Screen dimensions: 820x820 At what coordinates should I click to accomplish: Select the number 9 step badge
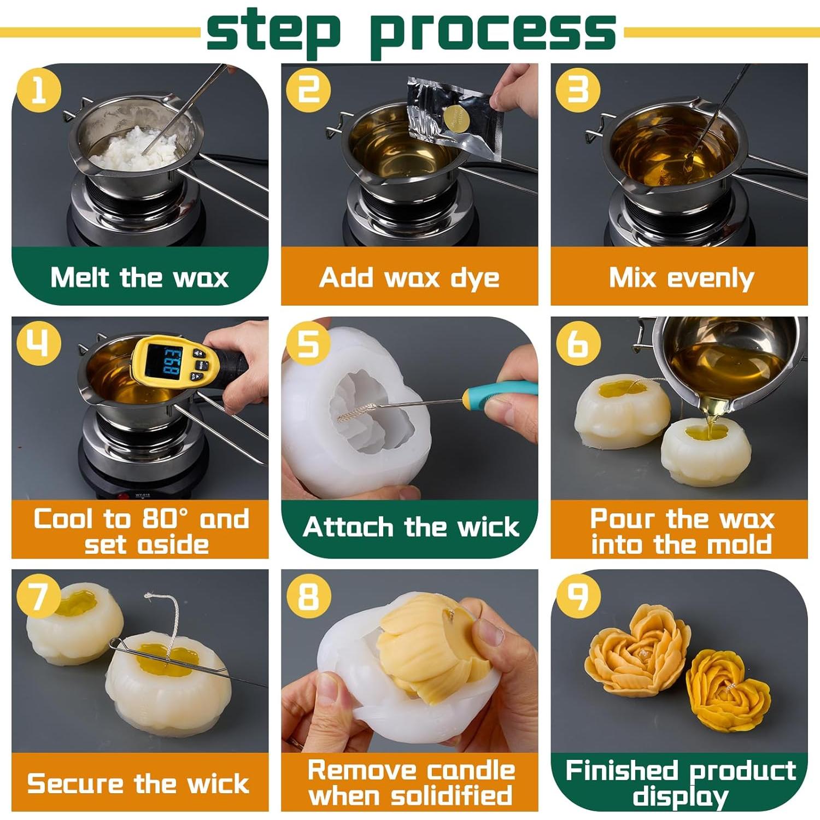(578, 595)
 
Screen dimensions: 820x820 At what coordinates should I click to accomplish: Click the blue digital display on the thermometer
(169, 363)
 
